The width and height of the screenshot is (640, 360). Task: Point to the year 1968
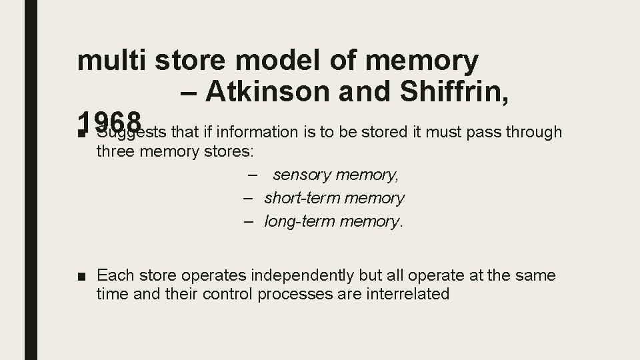[x=109, y=122]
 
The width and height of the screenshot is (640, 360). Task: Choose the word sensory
[x=304, y=175]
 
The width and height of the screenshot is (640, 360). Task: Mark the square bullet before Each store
[x=81, y=275]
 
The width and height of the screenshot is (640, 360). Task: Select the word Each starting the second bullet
[x=115, y=275]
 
